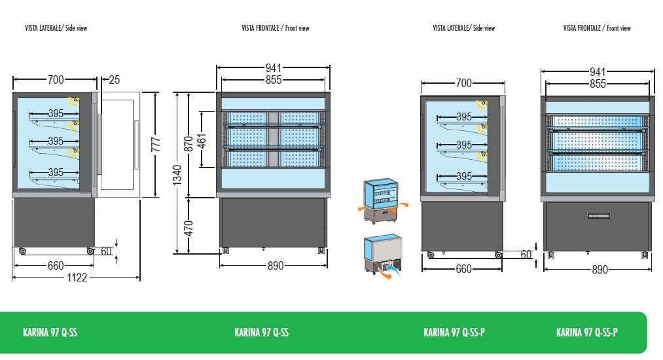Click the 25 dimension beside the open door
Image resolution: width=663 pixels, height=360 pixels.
click(x=115, y=80)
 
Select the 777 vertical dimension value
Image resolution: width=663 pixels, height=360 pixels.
click(x=155, y=145)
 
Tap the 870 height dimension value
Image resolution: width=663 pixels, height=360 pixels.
click(x=189, y=144)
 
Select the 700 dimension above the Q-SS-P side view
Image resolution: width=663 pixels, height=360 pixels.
click(x=463, y=83)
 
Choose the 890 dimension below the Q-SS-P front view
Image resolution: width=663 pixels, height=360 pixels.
click(x=599, y=269)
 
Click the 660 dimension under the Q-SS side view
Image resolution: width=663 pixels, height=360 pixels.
click(x=56, y=266)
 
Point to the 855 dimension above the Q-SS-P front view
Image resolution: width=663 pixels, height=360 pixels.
click(x=598, y=84)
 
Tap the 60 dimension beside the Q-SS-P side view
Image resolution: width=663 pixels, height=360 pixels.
click(x=526, y=255)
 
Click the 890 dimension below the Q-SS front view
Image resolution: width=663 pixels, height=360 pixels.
click(x=276, y=266)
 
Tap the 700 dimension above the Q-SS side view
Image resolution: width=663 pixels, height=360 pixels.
click(x=56, y=80)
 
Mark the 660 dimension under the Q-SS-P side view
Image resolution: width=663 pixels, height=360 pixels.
click(x=463, y=269)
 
